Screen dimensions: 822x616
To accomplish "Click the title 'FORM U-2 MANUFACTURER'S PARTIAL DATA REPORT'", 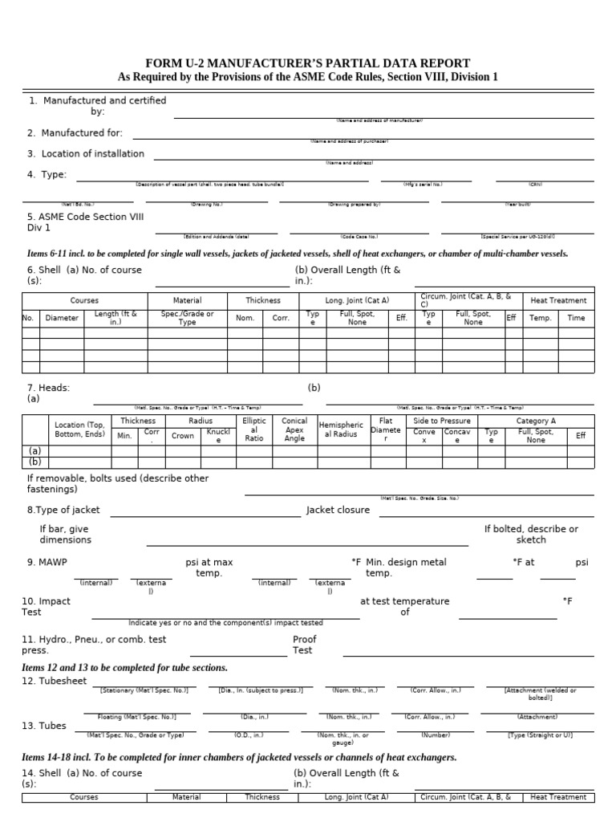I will (x=307, y=63).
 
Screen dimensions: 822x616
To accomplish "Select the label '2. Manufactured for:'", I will (x=75, y=133).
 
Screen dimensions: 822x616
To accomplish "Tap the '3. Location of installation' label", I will (x=86, y=153).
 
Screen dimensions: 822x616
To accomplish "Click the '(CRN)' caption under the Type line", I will (x=535, y=184).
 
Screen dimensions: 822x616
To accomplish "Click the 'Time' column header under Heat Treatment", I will (x=576, y=318).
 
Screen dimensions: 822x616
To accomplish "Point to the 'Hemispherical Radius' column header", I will (x=341, y=429).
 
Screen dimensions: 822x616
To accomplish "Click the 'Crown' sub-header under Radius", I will (x=183, y=436).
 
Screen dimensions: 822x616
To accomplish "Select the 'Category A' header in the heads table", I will (x=536, y=421).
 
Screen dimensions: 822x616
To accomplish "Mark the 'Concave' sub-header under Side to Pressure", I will (x=458, y=436).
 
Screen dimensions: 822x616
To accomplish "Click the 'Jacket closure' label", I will (x=338, y=511).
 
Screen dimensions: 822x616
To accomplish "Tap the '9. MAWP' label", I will (x=43, y=563).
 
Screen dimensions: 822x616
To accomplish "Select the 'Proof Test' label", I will (x=304, y=645).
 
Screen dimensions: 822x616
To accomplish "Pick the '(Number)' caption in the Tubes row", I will (x=436, y=735).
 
